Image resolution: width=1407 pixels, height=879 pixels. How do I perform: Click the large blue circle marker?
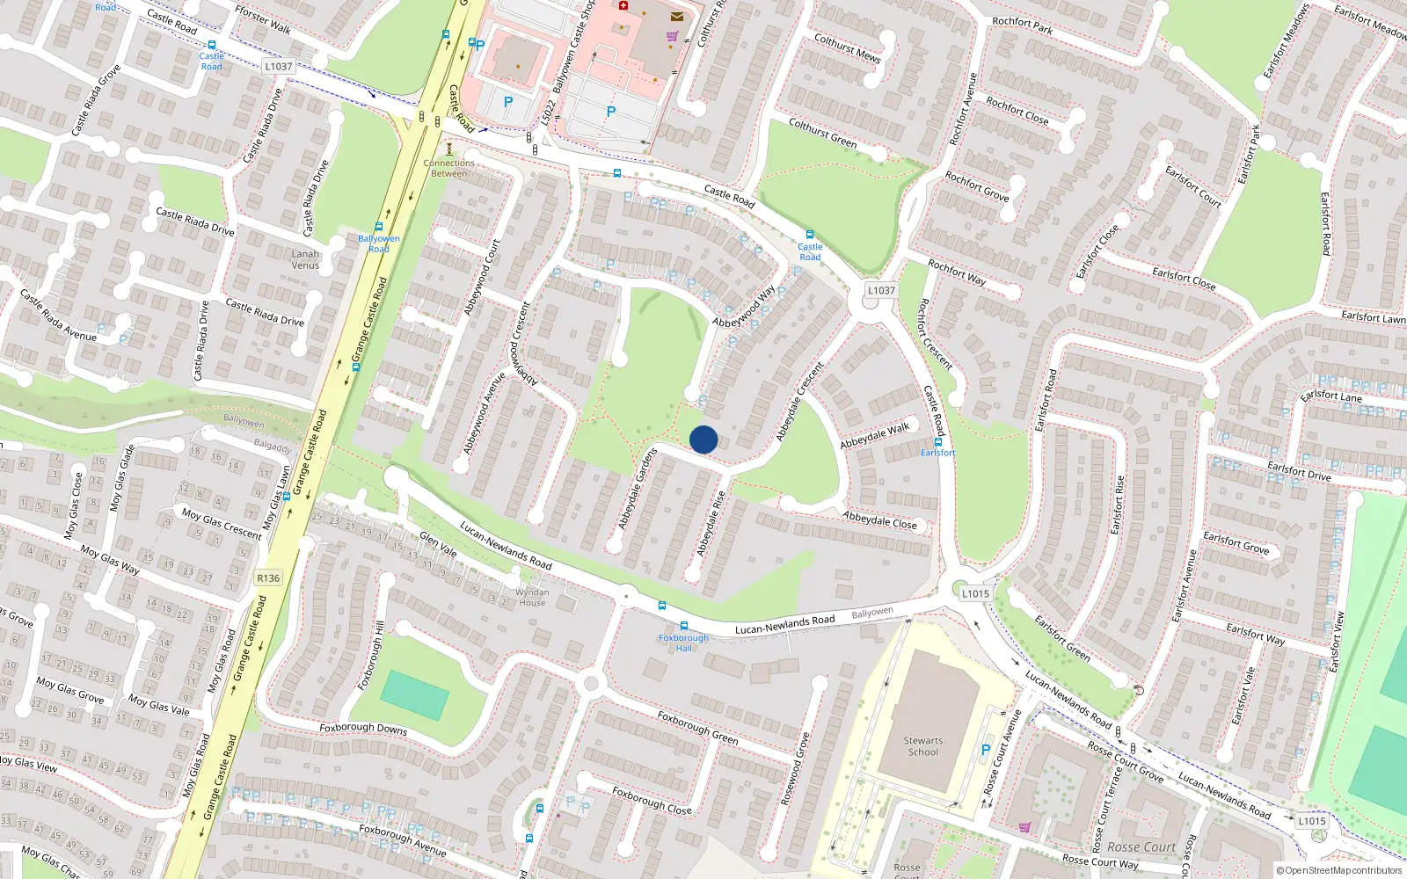pos(703,439)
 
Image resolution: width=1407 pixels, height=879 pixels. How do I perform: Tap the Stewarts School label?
pos(922,746)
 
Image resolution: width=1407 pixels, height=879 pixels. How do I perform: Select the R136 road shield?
pos(268,578)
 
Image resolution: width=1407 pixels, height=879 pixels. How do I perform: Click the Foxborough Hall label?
pos(683,643)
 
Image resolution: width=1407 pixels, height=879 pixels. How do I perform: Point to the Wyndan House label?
pos(532,597)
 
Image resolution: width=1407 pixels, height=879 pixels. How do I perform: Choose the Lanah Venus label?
pos(305,259)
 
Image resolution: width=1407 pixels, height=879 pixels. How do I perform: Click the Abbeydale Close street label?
pos(879,520)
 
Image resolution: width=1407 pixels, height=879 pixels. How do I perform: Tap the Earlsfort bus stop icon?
pos(937,442)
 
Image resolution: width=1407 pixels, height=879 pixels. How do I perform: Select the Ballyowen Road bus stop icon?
pos(379,227)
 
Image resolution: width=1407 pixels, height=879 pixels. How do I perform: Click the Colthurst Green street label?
pos(822,133)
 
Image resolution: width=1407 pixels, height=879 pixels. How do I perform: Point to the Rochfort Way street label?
pos(957,272)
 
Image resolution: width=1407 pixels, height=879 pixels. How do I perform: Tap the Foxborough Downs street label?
pos(363,728)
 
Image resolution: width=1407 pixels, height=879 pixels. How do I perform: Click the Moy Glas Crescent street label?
pos(222,522)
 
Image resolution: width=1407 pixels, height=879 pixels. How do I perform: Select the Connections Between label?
pos(448,168)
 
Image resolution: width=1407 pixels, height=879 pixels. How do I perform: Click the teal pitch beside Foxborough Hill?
pos(415,695)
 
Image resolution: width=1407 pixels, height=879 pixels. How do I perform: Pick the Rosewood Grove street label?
pos(795,768)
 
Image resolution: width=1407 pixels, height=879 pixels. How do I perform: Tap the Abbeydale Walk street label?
pos(874,436)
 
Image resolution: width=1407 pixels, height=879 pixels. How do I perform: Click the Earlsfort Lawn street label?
pos(1373,316)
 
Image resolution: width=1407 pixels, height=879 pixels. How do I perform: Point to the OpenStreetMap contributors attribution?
pos(1339,870)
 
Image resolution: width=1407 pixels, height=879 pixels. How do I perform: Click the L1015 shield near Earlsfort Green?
pos(974,593)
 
